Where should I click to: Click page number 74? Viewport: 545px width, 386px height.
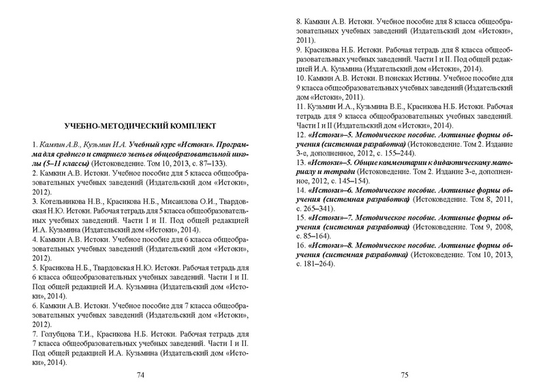[x=141, y=374]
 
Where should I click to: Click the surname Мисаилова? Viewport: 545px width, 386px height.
[x=185, y=202]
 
